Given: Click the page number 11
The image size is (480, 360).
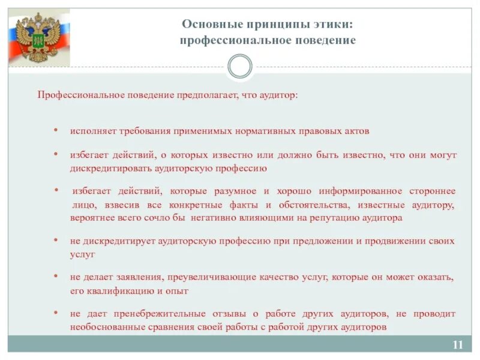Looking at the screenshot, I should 458,344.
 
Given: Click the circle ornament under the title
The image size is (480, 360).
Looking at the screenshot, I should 240,66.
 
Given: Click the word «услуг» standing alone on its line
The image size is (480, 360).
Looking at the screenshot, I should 82,254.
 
